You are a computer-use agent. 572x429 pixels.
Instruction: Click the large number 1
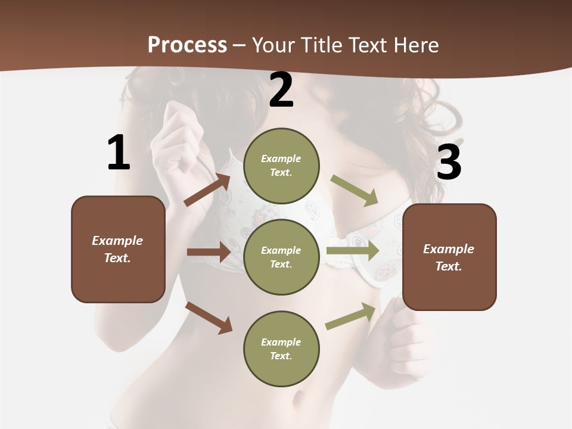pos(119,153)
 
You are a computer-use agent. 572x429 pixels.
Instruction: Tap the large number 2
pos(281,90)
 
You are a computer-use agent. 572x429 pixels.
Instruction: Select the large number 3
pos(449,162)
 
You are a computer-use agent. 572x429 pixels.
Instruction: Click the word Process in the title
pos(187,45)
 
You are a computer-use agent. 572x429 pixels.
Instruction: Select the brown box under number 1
pos(118,249)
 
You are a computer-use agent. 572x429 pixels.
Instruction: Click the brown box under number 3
pos(449,257)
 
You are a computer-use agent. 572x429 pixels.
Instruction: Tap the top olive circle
pos(281,166)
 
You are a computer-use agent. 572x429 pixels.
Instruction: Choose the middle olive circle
pos(281,257)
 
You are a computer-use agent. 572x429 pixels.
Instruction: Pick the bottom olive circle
pos(281,349)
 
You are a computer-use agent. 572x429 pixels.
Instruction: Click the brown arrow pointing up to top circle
pos(207,189)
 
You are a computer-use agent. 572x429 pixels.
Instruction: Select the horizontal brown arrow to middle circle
pos(208,252)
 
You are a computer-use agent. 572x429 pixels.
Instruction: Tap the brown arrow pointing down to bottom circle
pos(209,318)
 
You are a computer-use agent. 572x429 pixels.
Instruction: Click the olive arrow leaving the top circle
pos(355,191)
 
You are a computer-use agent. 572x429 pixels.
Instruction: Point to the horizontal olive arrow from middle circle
pos(352,251)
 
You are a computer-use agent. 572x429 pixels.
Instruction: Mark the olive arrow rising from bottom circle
pos(351,316)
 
